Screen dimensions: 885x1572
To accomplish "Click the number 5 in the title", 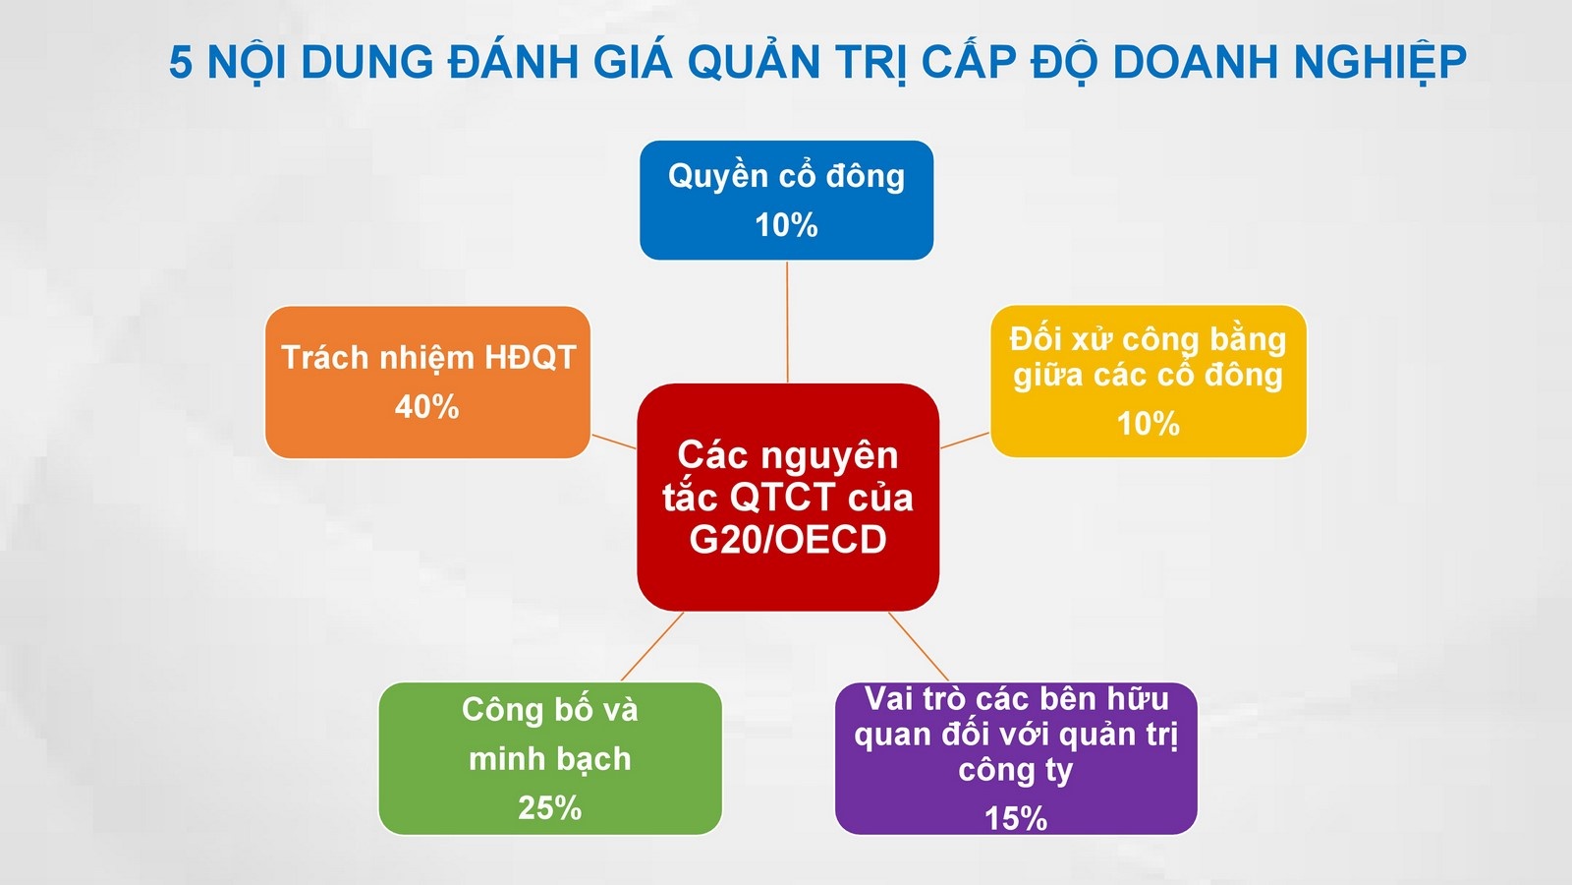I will [181, 63].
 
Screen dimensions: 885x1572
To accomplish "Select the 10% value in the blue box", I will [786, 225].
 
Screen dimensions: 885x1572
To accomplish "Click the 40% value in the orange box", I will [426, 406].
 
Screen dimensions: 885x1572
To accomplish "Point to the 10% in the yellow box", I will [1148, 424].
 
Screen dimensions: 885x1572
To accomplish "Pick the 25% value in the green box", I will [549, 807].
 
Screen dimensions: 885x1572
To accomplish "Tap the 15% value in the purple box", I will [1015, 818].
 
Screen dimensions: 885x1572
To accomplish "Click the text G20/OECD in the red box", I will [788, 540].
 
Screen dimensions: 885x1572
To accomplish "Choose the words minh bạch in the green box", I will [549, 759].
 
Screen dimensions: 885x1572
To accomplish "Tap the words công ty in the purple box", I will [1015, 770].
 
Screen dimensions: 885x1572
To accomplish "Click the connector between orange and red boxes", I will [614, 441].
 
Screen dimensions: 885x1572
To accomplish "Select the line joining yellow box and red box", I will [965, 440].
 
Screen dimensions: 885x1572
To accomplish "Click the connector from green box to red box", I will [652, 646].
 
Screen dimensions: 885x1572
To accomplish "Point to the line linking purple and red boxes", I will [919, 646].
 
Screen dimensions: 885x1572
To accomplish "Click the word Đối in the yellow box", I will [1036, 339].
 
